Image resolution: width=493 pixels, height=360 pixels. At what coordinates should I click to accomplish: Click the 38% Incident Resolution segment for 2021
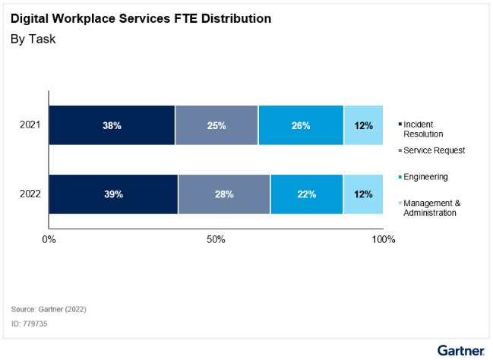pyautogui.click(x=112, y=125)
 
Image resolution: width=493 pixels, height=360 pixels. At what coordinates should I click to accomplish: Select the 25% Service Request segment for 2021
pyautogui.click(x=216, y=125)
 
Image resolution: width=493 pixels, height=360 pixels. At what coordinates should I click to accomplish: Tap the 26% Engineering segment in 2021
pyautogui.click(x=301, y=125)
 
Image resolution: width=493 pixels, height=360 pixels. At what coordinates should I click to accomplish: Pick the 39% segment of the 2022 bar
pyautogui.click(x=114, y=194)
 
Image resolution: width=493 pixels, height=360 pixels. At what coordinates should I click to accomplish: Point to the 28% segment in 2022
pyautogui.click(x=224, y=194)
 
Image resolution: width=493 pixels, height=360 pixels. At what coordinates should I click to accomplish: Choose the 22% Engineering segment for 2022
pyautogui.click(x=306, y=194)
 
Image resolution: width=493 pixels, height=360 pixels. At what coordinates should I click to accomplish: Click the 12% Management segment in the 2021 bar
pyautogui.click(x=363, y=125)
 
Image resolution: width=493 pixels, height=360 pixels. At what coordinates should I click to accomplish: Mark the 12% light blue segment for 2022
pyautogui.click(x=363, y=194)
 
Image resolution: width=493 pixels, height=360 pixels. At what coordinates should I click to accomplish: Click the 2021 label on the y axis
pyautogui.click(x=30, y=125)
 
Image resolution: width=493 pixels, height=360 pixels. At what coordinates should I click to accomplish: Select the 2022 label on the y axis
pyautogui.click(x=30, y=194)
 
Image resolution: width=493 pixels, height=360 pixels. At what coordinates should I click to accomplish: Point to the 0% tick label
pyautogui.click(x=49, y=240)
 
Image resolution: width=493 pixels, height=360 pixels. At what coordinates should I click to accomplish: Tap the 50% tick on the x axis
pyautogui.click(x=216, y=240)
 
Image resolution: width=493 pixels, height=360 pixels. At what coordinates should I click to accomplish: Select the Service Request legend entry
pyautogui.click(x=433, y=150)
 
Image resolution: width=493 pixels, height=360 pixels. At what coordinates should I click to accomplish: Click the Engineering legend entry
pyautogui.click(x=425, y=177)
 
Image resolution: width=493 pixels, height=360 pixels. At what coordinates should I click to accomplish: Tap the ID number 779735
pyautogui.click(x=29, y=324)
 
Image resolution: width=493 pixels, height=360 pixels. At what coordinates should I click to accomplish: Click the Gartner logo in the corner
pyautogui.click(x=460, y=349)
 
